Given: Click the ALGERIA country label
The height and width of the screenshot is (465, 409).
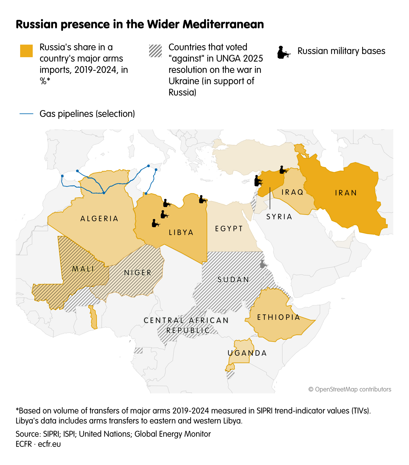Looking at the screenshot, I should click(x=99, y=219).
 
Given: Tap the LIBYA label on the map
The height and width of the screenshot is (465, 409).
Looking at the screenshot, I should click(x=181, y=232).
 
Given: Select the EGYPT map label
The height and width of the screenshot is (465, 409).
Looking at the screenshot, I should click(x=229, y=228).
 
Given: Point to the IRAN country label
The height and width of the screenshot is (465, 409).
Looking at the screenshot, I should click(x=346, y=193).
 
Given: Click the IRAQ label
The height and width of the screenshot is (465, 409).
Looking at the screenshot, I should click(x=293, y=192).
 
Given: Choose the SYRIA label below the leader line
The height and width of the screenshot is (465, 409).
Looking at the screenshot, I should click(x=279, y=216).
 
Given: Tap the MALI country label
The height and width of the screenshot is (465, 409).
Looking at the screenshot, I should click(x=83, y=269).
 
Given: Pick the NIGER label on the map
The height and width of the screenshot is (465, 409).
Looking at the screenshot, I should click(x=138, y=272).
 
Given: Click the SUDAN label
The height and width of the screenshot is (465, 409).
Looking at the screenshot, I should click(x=233, y=279).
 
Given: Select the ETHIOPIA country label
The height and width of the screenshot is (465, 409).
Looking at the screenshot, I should click(x=279, y=317).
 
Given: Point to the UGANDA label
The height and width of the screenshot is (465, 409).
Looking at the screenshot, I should click(x=247, y=353).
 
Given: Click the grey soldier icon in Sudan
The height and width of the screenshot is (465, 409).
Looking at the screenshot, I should click(x=263, y=264).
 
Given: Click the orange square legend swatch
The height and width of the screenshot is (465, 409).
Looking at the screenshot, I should click(x=26, y=51).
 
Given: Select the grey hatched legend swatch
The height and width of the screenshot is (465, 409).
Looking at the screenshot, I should click(x=155, y=51).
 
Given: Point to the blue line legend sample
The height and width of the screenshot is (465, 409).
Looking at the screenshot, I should click(x=26, y=114).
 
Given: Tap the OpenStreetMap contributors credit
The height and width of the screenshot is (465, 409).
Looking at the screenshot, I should click(x=350, y=389).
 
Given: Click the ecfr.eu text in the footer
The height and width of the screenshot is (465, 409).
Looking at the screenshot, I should click(x=49, y=444).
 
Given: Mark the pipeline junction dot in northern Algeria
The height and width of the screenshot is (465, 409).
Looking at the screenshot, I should click(x=104, y=193).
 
